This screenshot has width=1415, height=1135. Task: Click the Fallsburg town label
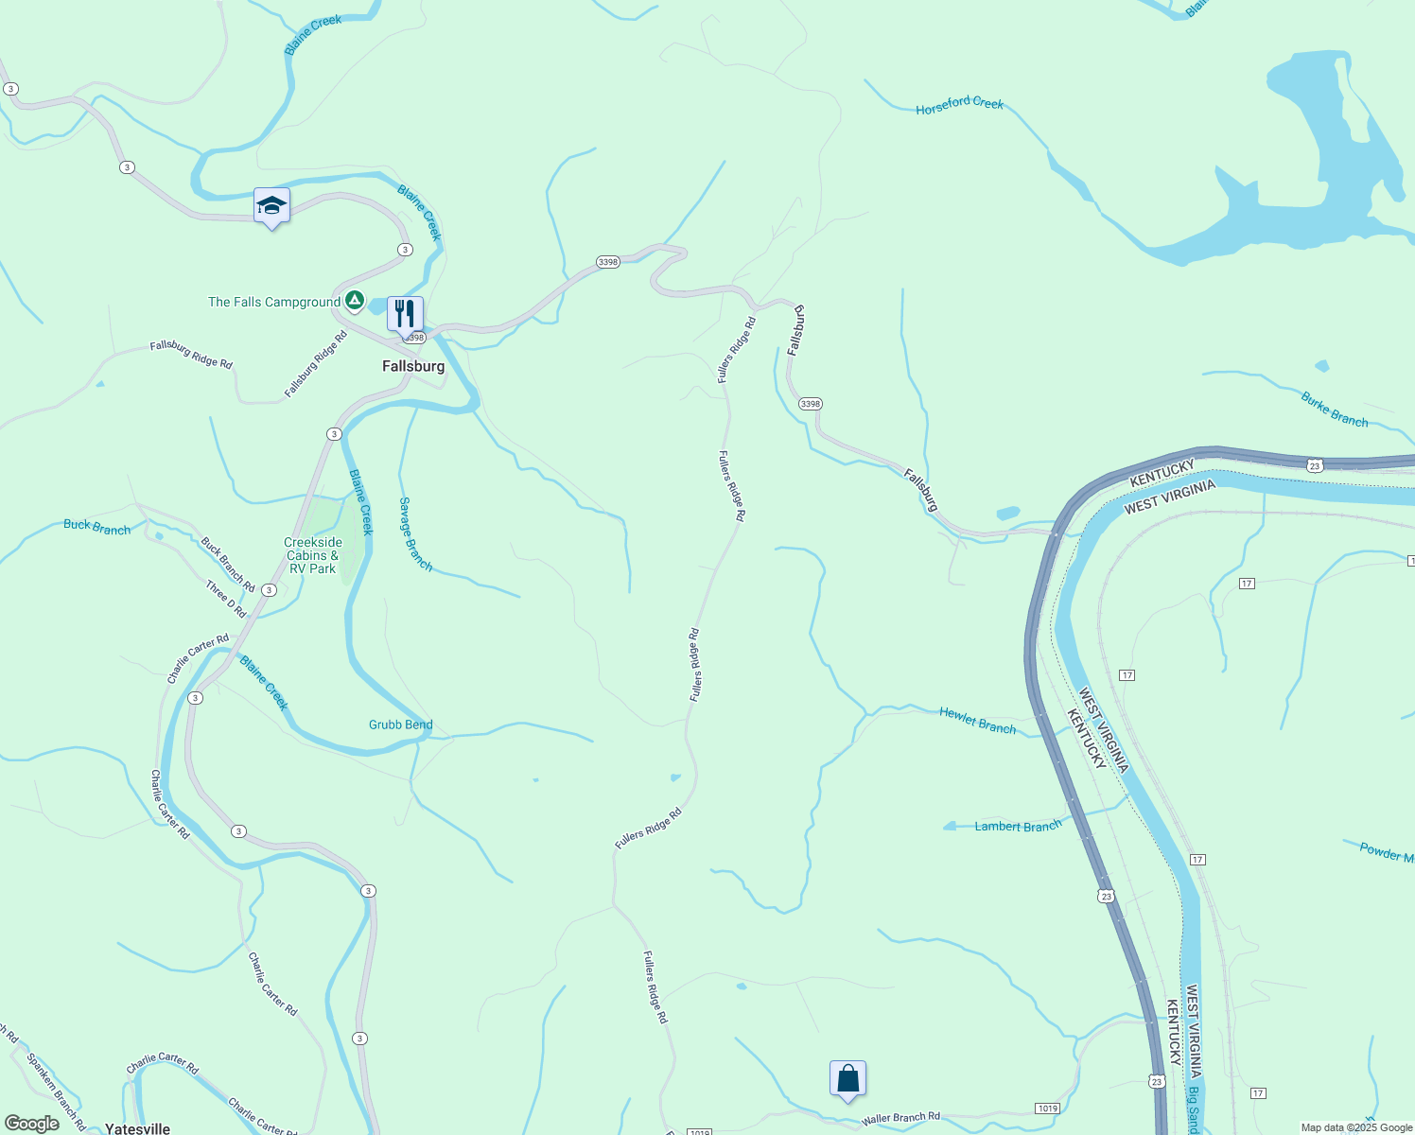[x=413, y=366]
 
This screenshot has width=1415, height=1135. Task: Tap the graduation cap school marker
[x=271, y=205]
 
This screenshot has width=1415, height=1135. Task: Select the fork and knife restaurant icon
[x=405, y=313]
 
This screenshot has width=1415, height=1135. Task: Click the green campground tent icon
[x=355, y=302]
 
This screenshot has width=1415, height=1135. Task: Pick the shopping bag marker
[x=847, y=1078]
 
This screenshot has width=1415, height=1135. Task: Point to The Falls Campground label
[x=274, y=303]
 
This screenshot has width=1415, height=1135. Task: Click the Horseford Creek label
[x=959, y=105]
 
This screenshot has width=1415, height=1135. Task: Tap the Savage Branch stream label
[x=415, y=534]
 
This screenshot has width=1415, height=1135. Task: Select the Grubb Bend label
[x=401, y=725]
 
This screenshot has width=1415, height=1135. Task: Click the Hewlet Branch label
[x=977, y=721]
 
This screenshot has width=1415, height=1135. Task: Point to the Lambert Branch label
[x=1018, y=827]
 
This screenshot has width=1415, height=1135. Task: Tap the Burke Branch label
[x=1334, y=410]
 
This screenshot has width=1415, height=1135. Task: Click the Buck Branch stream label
[x=97, y=527]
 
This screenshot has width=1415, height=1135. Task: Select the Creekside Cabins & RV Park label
[x=313, y=555]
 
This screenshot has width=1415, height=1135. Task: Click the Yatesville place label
[x=138, y=1128]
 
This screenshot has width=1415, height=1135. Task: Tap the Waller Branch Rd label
[x=900, y=1118]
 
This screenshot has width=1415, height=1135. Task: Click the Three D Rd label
[x=226, y=599]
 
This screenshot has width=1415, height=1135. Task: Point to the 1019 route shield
[x=1047, y=1109]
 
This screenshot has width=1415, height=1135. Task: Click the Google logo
[x=32, y=1124]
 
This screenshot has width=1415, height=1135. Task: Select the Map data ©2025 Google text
[x=1356, y=1127]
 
